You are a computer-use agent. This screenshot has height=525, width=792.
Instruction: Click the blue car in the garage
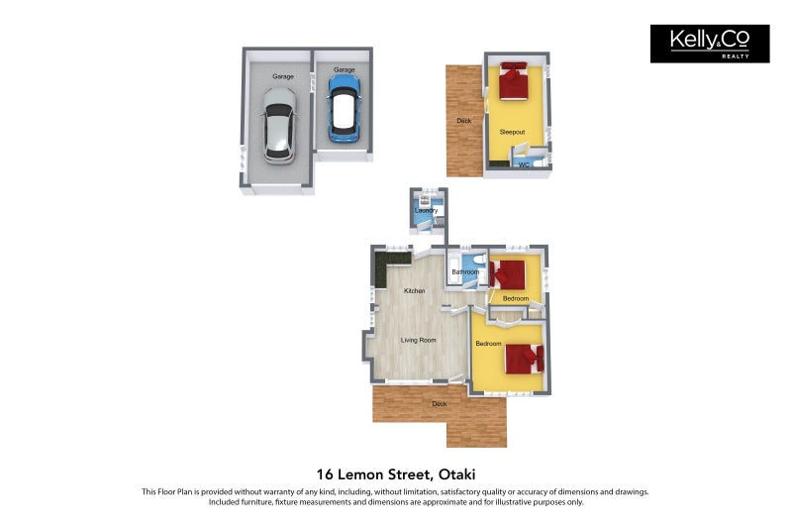point(344,108)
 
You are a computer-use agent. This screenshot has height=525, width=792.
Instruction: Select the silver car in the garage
point(279,126)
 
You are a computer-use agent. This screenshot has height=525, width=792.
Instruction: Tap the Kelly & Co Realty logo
point(710,44)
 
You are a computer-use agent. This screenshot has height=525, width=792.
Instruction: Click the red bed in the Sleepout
point(514,81)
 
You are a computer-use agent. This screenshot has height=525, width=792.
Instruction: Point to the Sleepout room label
point(512,132)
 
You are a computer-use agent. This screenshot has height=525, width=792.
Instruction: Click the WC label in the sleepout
point(524,164)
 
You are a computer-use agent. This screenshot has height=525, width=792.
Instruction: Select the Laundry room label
point(426,210)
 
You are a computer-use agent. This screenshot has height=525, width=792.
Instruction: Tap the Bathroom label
point(465,271)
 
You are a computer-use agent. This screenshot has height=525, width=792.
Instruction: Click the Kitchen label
point(414,291)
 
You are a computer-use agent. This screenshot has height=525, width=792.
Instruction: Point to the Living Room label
point(418,340)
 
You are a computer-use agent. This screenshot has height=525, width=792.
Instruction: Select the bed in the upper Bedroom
point(509,274)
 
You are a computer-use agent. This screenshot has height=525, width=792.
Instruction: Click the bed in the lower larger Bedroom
point(525,359)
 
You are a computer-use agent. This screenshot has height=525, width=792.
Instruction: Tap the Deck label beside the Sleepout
point(463,121)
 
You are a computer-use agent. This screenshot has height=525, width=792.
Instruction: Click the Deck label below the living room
point(440,404)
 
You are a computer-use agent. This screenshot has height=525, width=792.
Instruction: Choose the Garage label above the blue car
point(344,69)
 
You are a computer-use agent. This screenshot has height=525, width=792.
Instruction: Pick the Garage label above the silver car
point(283,76)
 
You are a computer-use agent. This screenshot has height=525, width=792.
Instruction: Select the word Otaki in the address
point(457,474)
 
